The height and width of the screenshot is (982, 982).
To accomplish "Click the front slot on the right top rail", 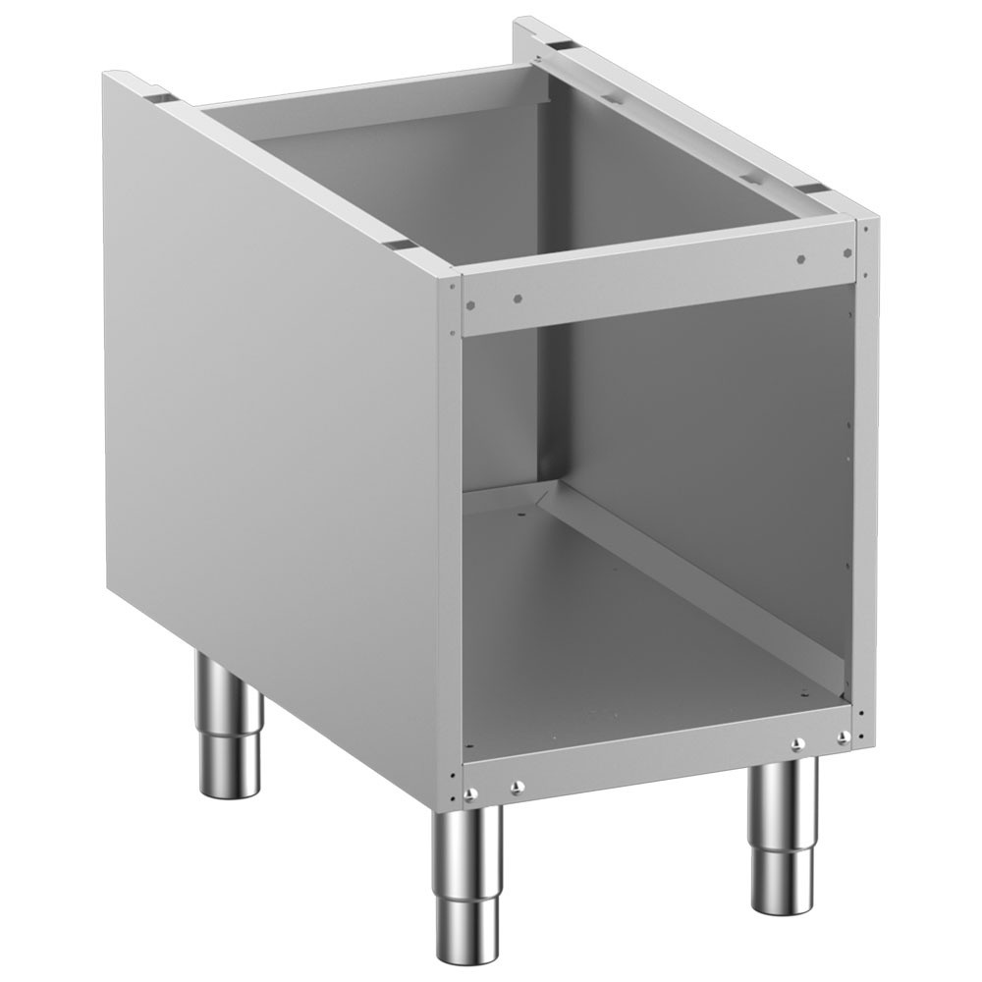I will click(x=807, y=186).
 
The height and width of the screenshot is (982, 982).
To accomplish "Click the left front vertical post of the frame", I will click(x=449, y=540).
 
